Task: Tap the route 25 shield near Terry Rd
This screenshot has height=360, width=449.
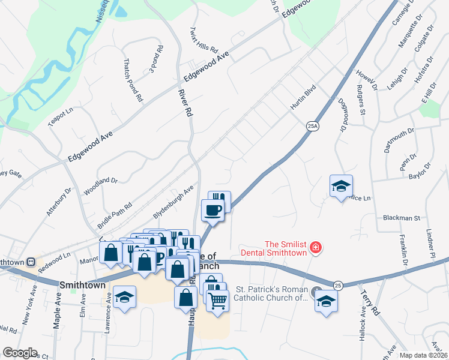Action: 338,284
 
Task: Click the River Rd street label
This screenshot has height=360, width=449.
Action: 185,103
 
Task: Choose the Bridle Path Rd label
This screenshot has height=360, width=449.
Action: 114,214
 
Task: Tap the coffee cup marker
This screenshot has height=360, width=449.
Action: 213,210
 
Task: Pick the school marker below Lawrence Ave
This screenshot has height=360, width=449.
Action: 124,298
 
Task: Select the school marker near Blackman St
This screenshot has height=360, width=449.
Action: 341,186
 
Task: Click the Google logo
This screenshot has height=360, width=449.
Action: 20,353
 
